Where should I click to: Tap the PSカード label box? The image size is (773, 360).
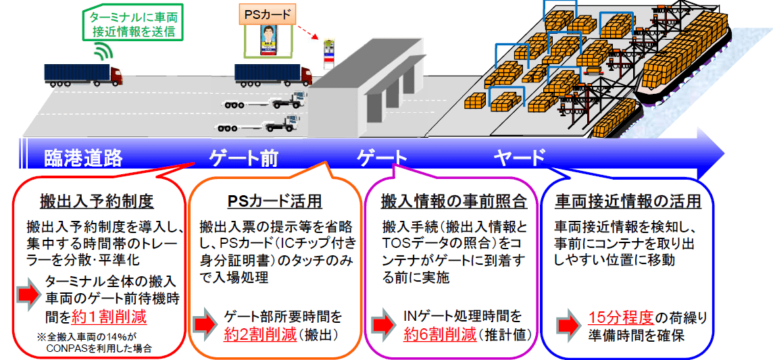tap(266, 14)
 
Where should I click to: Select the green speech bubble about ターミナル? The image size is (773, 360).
tap(132, 22)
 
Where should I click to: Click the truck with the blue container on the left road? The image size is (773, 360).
tap(83, 73)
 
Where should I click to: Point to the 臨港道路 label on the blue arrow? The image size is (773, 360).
tap(83, 158)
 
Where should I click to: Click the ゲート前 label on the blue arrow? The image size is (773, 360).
tap(243, 158)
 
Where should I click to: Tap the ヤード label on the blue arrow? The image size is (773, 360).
tap(519, 158)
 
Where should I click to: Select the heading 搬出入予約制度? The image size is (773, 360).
tap(97, 201)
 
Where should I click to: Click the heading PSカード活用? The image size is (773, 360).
tap(274, 201)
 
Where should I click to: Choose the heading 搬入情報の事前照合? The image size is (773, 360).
tap(453, 201)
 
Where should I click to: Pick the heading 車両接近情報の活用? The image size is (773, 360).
tap(628, 201)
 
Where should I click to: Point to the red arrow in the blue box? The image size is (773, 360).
tap(569, 325)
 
